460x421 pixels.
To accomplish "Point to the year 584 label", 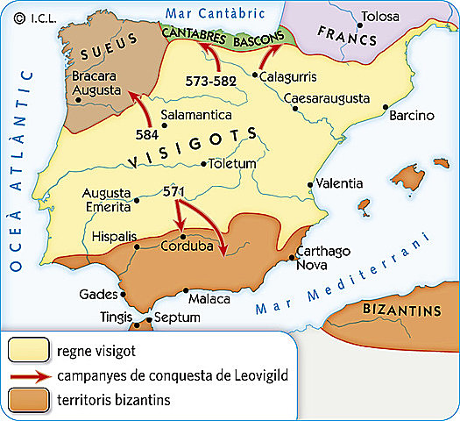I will (147, 134).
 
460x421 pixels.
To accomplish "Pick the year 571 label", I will (175, 190).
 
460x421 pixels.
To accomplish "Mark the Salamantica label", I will (196, 115).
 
